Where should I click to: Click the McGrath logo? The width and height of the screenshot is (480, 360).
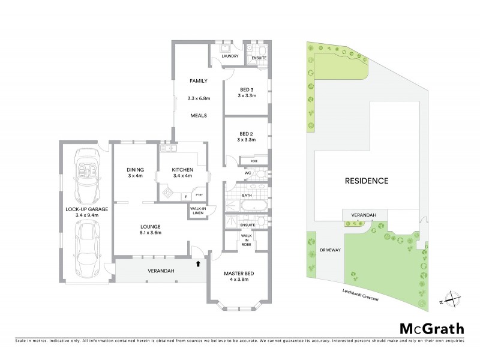pos(431,328)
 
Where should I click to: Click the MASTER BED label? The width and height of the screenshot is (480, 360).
pos(239,274)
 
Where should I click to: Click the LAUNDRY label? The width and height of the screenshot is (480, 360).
pos(230,56)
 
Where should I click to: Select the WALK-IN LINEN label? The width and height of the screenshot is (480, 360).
pos(197,211)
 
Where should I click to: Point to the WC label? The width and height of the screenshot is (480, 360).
pos(247,174)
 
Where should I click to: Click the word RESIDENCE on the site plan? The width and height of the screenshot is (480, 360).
pos(367,180)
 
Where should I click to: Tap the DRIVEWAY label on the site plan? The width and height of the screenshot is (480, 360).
pos(329,249)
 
